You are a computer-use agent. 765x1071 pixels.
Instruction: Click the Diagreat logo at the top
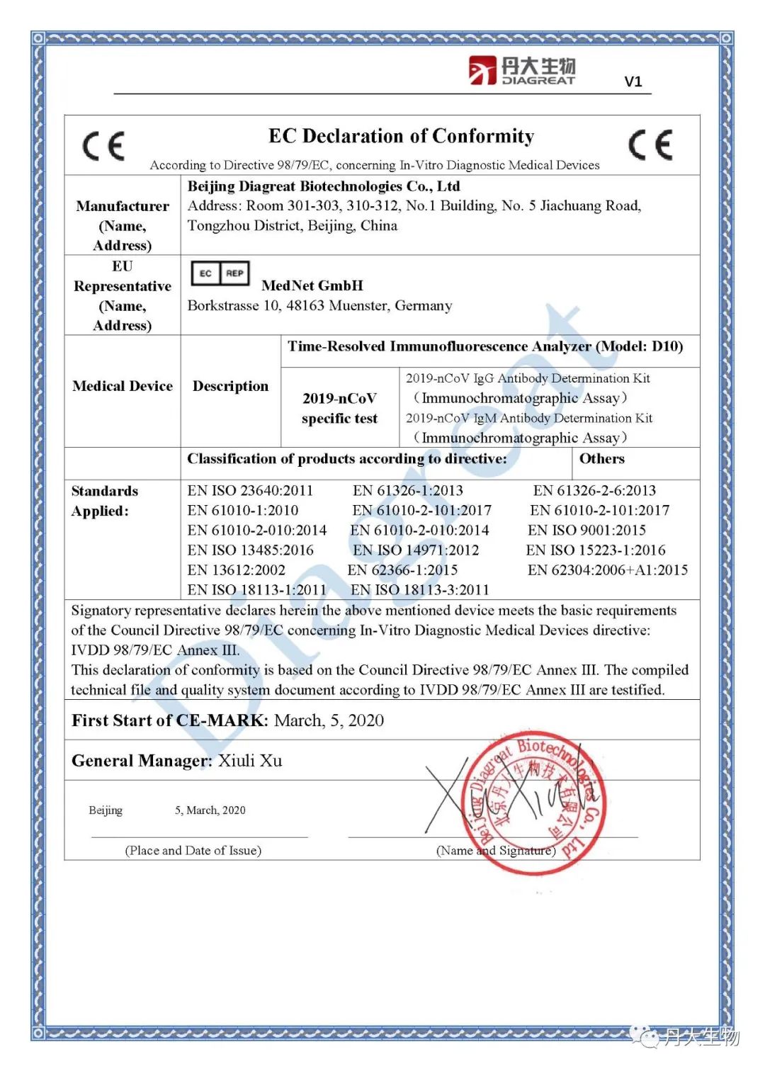[x=522, y=71]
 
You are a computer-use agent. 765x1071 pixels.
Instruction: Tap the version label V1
[x=633, y=81]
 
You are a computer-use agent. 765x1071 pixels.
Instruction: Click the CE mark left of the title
[x=104, y=147]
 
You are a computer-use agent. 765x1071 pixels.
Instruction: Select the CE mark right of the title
[x=650, y=145]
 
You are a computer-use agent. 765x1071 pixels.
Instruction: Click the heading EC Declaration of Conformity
[x=401, y=136]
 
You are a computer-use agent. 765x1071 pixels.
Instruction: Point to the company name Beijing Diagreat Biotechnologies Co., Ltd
[x=324, y=186]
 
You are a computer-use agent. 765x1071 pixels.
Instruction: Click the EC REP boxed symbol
[x=220, y=273]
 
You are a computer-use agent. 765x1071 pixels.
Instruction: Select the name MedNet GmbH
[x=312, y=285]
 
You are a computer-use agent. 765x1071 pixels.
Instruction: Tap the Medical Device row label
[x=123, y=386]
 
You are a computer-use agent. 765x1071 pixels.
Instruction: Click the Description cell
[x=230, y=386]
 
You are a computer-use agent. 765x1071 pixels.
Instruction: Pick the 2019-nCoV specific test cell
[x=339, y=408]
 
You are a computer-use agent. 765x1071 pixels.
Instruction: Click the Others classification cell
[x=602, y=458]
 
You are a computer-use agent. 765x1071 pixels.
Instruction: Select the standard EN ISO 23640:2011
[x=250, y=490]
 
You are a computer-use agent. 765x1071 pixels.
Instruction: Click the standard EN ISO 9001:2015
[x=586, y=530]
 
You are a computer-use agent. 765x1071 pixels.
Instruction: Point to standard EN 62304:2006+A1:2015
[x=607, y=569]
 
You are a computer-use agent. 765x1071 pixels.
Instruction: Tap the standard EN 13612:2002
[x=236, y=569]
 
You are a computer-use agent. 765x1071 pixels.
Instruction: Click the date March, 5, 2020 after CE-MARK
[x=329, y=720]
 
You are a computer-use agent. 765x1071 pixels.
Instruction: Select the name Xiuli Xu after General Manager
[x=250, y=761]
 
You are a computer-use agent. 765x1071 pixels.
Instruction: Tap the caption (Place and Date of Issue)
[x=193, y=850]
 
